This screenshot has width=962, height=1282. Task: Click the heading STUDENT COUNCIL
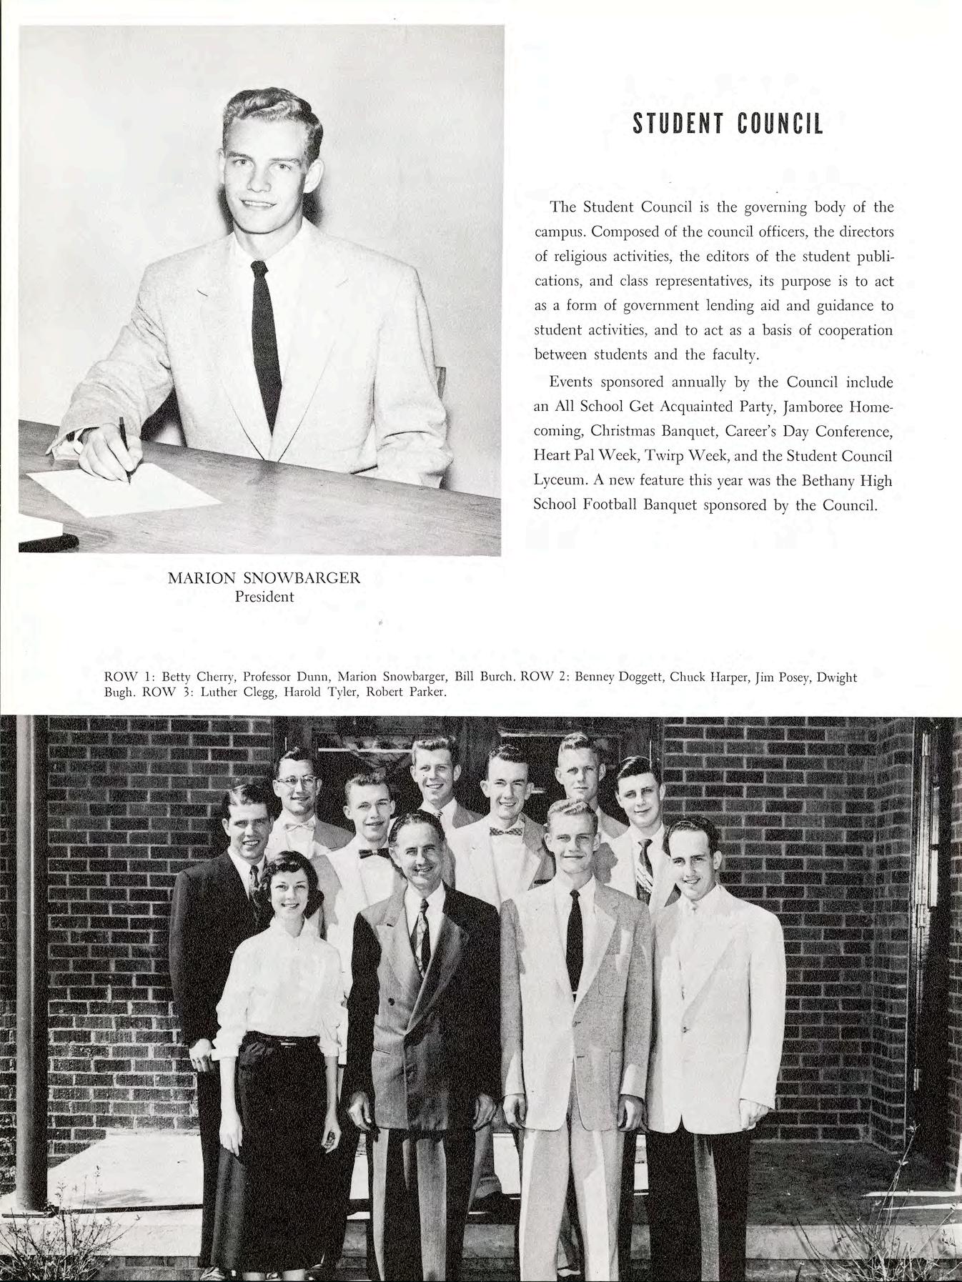[x=728, y=124]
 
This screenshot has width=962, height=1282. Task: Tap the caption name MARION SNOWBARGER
[x=264, y=579]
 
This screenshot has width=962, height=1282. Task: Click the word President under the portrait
[x=264, y=597]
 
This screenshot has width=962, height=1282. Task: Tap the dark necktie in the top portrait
[x=265, y=336]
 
